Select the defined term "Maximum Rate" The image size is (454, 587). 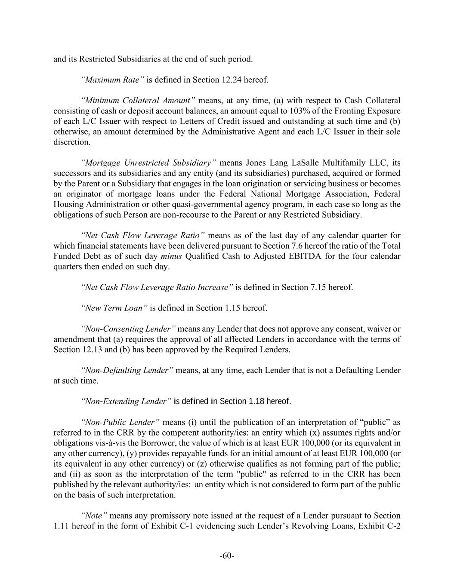pyautogui.click(x=112, y=80)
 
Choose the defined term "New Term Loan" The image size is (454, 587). pyautogui.click(x=114, y=308)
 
